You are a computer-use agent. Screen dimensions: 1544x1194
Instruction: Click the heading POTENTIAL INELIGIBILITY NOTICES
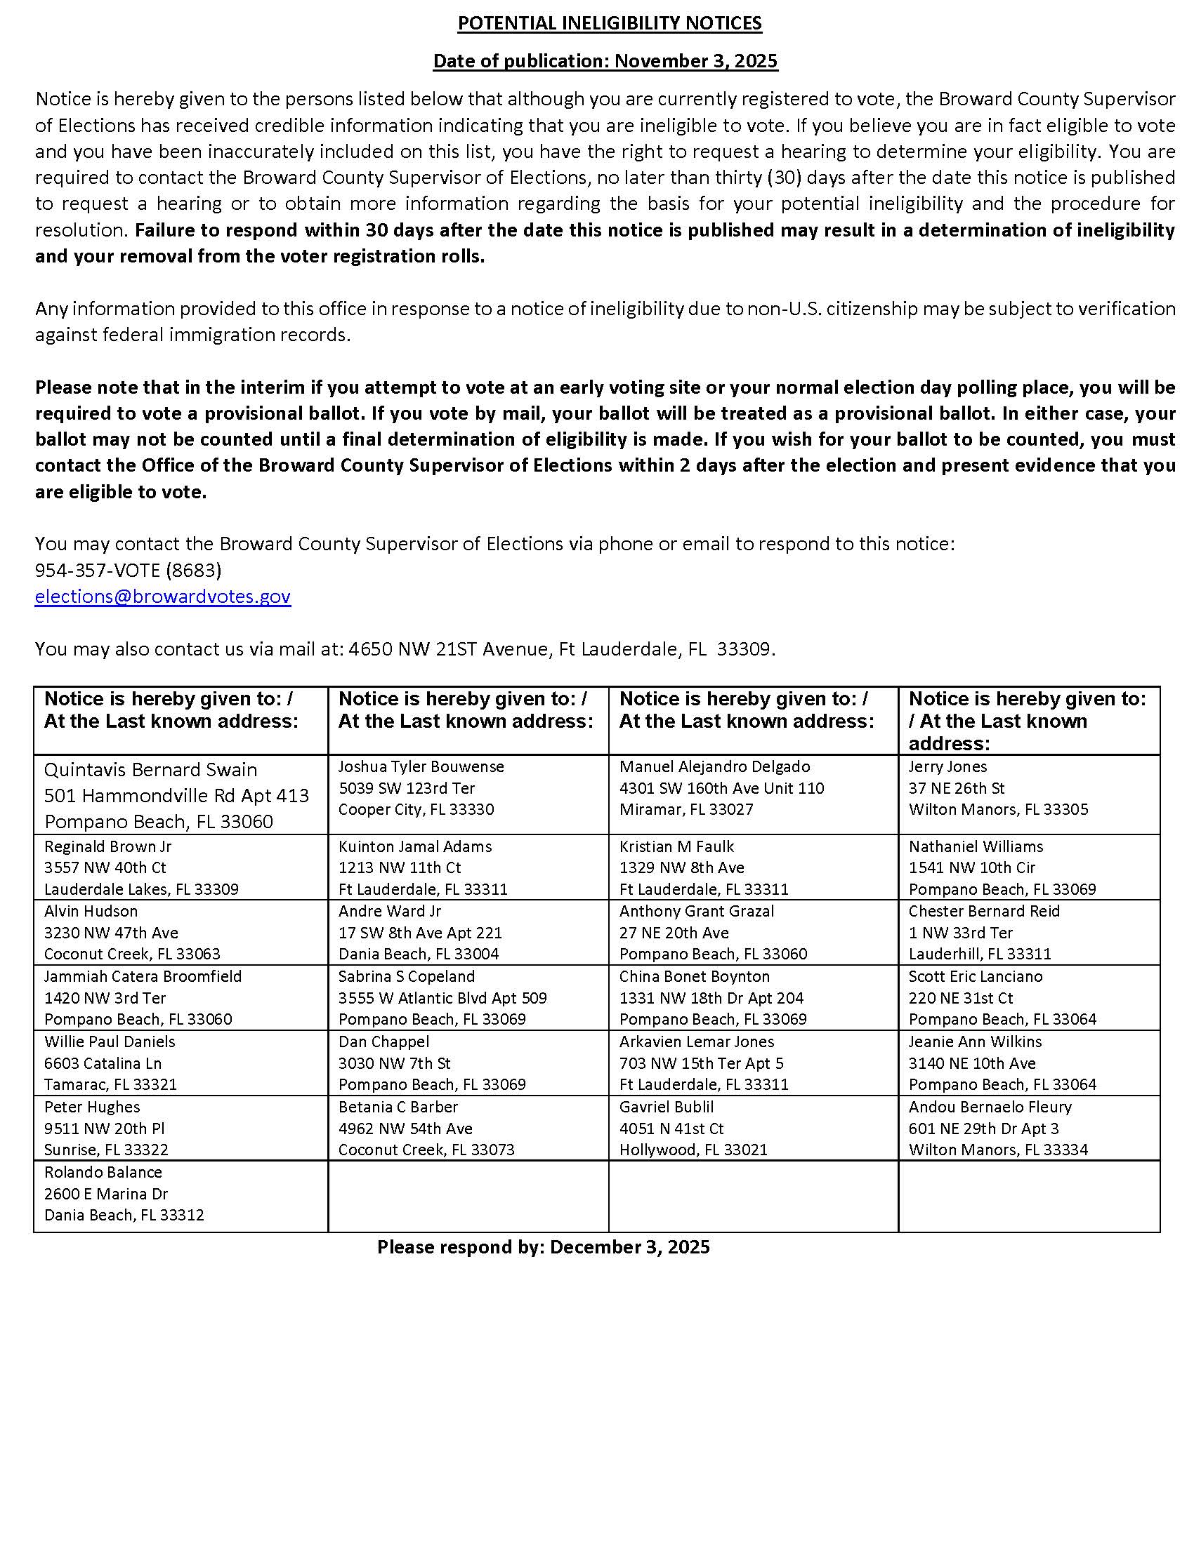click(x=609, y=23)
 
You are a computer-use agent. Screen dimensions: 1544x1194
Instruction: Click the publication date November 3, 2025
click(x=696, y=61)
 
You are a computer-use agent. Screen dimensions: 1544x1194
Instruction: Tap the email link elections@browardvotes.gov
click(x=163, y=596)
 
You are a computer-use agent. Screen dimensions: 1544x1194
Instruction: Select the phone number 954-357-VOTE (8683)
click(x=128, y=570)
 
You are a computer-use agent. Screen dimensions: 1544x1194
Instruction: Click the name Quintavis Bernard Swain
click(x=151, y=769)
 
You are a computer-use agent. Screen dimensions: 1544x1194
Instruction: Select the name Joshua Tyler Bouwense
click(x=421, y=766)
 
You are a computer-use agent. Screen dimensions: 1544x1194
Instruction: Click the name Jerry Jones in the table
click(x=947, y=766)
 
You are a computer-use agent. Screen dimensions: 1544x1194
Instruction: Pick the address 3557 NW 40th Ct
click(x=105, y=867)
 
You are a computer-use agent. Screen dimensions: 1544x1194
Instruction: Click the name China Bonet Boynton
click(x=694, y=976)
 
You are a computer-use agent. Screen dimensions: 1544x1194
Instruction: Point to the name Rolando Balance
click(x=103, y=1172)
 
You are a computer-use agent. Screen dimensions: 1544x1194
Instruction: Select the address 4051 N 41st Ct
click(x=671, y=1129)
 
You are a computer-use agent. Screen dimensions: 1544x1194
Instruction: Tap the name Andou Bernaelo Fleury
click(x=990, y=1107)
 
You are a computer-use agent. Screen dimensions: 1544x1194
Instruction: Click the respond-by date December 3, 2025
click(x=629, y=1247)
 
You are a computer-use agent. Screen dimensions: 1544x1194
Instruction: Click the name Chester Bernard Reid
click(x=984, y=911)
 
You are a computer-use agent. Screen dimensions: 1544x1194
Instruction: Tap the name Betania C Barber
click(x=398, y=1107)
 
